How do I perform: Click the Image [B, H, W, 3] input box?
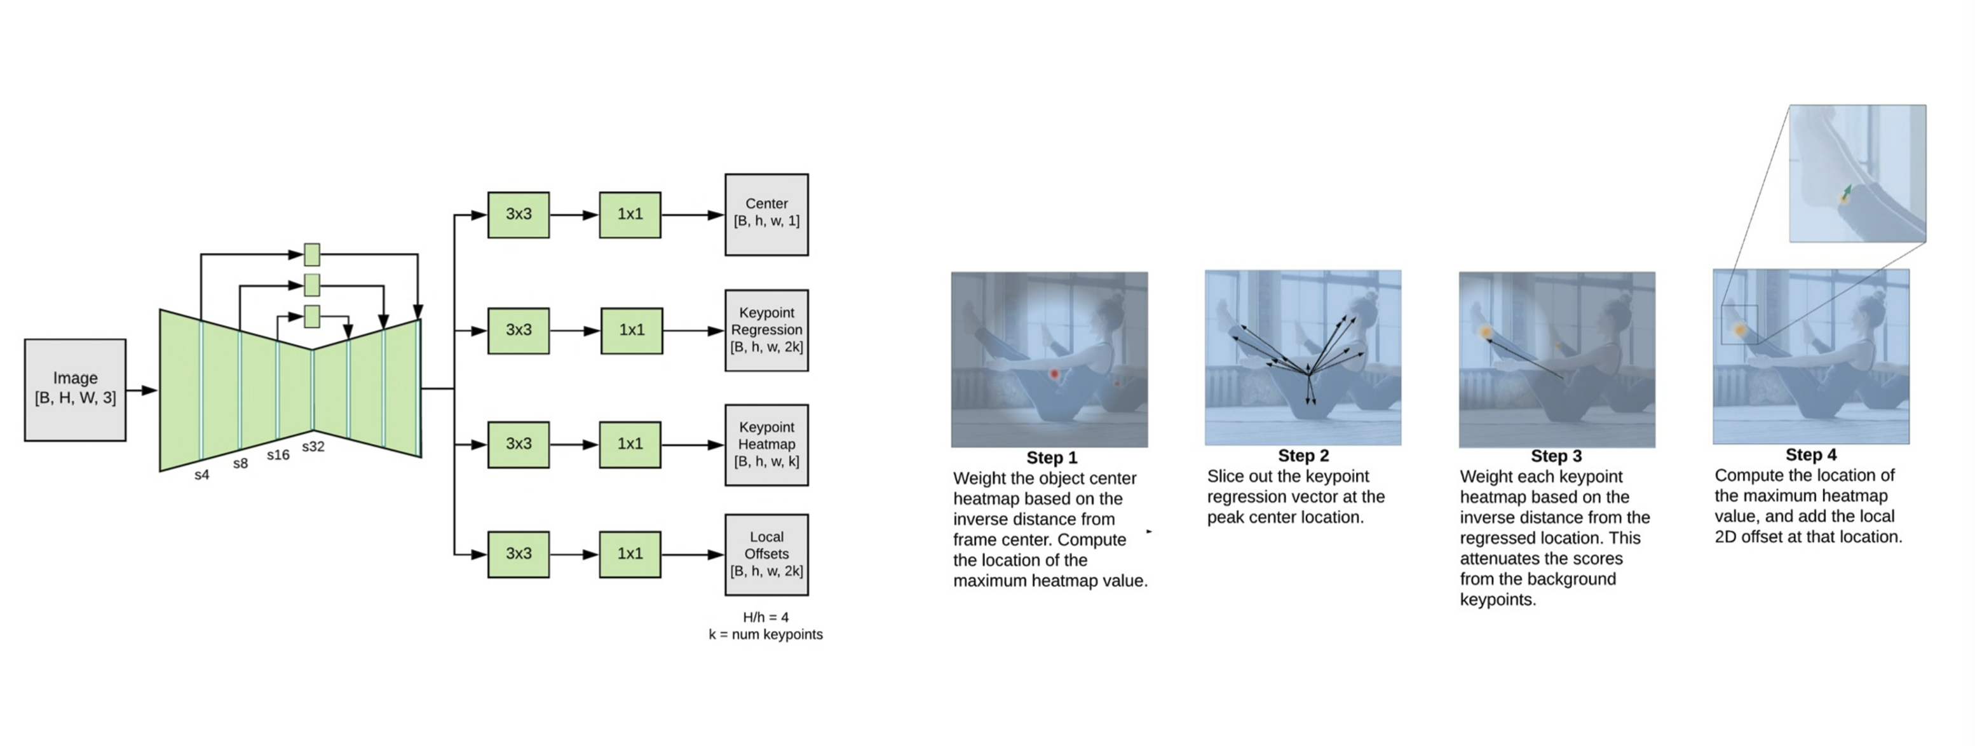pos(75,390)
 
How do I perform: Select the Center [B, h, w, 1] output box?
pos(766,214)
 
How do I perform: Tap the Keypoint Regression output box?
pos(766,330)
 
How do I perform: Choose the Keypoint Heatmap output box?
pos(766,445)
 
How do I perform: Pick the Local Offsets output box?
pos(766,553)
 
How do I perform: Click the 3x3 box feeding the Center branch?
pos(519,215)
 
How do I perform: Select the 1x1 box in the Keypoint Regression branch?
pos(631,330)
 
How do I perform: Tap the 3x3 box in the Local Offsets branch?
pos(519,553)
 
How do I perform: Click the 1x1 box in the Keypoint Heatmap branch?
pos(630,444)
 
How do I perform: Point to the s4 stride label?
pos(201,475)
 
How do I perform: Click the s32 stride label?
pos(313,446)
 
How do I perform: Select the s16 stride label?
pos(278,455)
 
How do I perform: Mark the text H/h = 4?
pos(765,617)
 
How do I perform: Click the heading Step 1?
pos(1051,458)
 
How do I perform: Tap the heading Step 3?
pos(1556,456)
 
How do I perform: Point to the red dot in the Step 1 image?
pos(1054,374)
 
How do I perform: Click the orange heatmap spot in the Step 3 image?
pos(1486,332)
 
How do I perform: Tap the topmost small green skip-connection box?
pos(311,254)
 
